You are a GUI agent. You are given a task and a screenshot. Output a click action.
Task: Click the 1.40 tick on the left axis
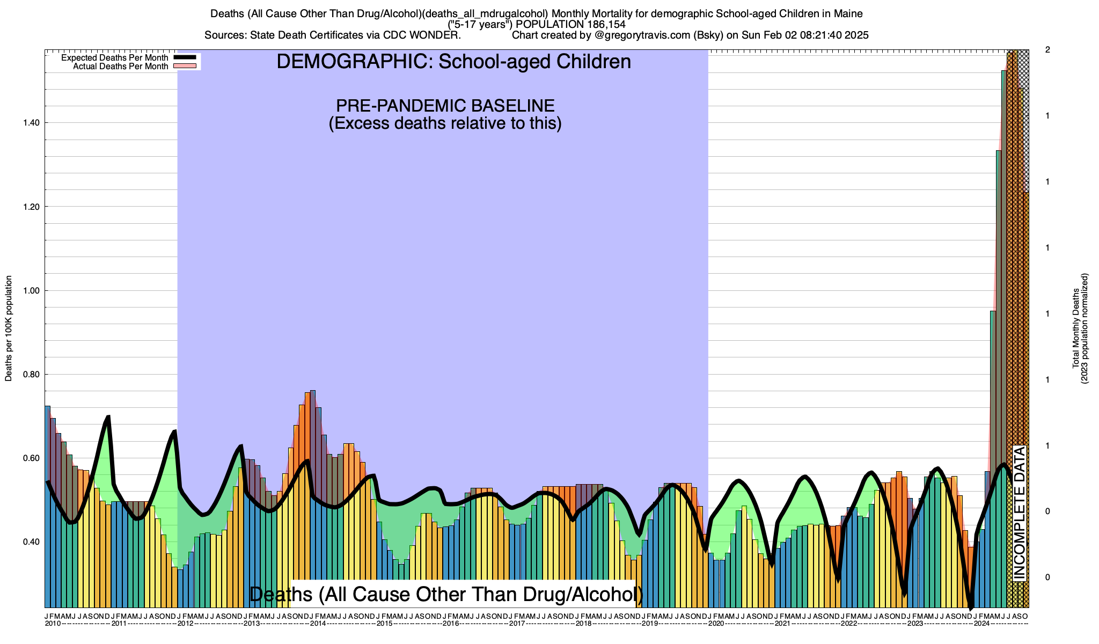point(31,123)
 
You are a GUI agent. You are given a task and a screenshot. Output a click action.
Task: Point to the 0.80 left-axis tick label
point(31,375)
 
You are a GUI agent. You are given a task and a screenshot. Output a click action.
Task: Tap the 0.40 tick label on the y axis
point(31,542)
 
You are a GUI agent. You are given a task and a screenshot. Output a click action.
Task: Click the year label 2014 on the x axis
point(318,624)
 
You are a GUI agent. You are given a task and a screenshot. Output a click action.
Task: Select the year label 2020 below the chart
point(716,624)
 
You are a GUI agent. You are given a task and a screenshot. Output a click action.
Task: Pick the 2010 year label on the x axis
point(53,624)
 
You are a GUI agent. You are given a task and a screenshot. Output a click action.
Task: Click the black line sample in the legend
point(185,57)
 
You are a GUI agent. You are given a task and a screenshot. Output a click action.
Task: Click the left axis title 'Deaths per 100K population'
point(9,328)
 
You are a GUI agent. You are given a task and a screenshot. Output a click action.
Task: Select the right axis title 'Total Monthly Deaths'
point(1075,328)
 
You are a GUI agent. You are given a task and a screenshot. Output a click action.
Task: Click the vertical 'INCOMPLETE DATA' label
point(1019,513)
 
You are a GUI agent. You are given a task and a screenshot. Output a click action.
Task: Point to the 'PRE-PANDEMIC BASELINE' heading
point(445,105)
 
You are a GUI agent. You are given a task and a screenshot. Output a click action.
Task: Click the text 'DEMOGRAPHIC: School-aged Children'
point(453,62)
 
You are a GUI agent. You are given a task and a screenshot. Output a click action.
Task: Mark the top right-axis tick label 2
point(1047,50)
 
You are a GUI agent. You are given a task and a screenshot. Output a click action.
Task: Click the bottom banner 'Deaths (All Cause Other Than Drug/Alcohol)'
point(446,594)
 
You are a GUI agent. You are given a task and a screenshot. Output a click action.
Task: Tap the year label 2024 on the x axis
point(982,624)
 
